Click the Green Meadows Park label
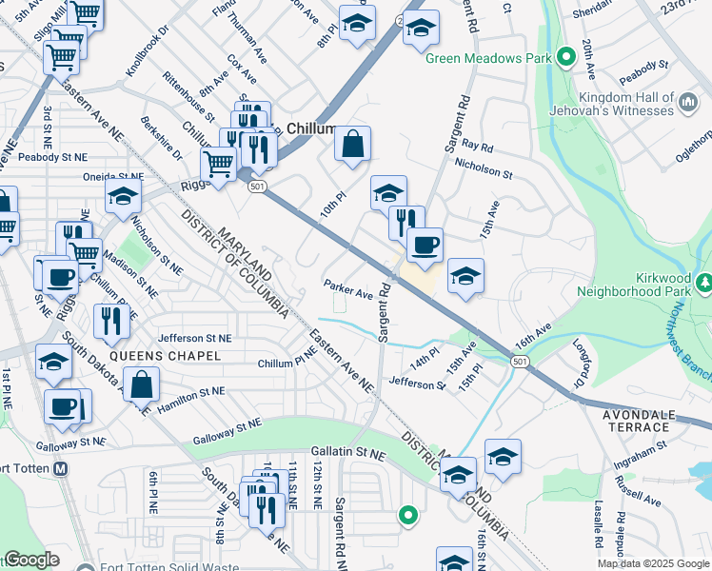[x=488, y=59]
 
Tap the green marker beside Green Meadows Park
[x=565, y=58]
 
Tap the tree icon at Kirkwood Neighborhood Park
[x=702, y=283]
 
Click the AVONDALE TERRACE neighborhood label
[x=637, y=421]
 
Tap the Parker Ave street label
[x=347, y=288]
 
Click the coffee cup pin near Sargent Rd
[x=425, y=245]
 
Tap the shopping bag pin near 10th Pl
[x=351, y=146]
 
